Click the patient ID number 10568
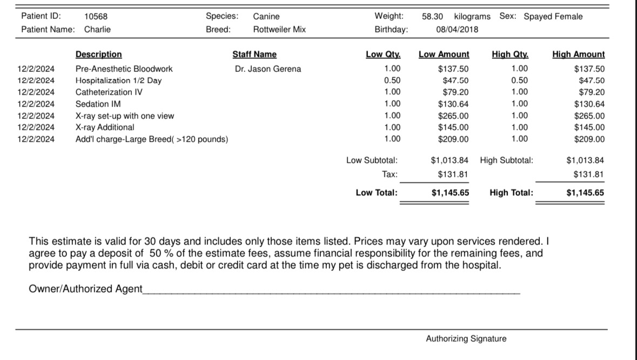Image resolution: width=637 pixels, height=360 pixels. [x=96, y=16]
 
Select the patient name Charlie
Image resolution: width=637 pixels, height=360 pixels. [x=97, y=29]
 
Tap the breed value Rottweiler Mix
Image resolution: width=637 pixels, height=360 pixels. [x=279, y=29]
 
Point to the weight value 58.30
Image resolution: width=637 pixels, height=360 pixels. [x=433, y=16]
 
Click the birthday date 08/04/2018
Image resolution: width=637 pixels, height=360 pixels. [x=457, y=29]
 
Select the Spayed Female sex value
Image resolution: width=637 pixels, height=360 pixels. [x=553, y=16]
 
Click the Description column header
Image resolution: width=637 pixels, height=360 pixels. [x=98, y=54]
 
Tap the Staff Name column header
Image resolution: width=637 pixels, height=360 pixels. [x=254, y=54]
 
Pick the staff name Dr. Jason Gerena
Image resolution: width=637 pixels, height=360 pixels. [x=268, y=69]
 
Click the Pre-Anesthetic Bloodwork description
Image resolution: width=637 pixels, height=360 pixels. [x=124, y=69]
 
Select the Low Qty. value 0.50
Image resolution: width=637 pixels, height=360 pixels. [x=392, y=81]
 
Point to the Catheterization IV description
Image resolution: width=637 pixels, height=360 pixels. [x=109, y=92]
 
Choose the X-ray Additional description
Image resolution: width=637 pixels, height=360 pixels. [x=105, y=127]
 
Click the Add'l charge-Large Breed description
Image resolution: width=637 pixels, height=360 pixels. [x=152, y=139]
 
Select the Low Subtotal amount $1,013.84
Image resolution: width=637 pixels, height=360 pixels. [x=450, y=160]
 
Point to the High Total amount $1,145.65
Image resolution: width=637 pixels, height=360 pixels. [x=585, y=192]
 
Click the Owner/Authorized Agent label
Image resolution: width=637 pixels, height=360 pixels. [x=85, y=289]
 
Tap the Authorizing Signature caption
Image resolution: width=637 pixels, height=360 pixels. [x=466, y=339]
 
